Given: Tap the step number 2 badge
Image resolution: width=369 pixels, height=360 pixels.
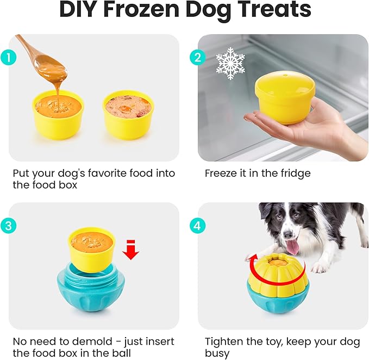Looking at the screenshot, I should click(197, 56).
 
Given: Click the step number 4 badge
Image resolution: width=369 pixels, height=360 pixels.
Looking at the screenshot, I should click(197, 224).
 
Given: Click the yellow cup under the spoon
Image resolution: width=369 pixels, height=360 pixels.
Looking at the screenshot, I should click(58, 114).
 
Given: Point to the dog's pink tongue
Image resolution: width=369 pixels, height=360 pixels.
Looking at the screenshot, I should click(292, 247).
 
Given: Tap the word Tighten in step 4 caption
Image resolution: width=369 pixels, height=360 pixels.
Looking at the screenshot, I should click(223, 342).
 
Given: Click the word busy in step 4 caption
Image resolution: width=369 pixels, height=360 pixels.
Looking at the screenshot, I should click(217, 353).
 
